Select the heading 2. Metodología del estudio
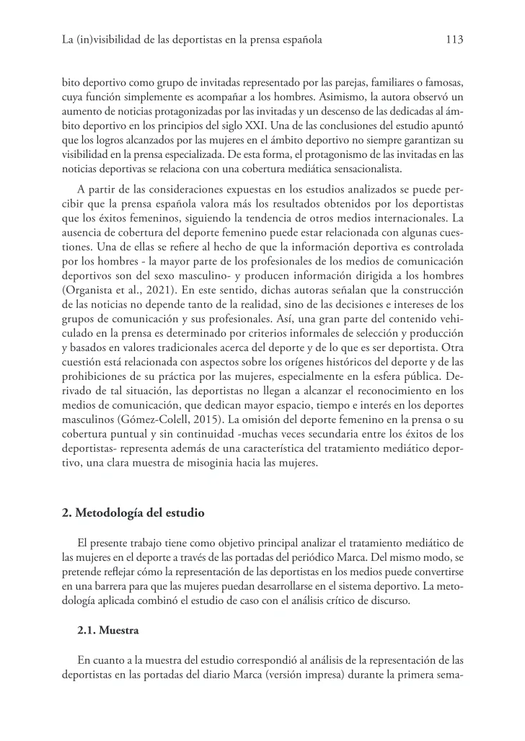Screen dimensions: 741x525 (x=133, y=513)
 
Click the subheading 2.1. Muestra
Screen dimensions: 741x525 (x=108, y=629)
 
